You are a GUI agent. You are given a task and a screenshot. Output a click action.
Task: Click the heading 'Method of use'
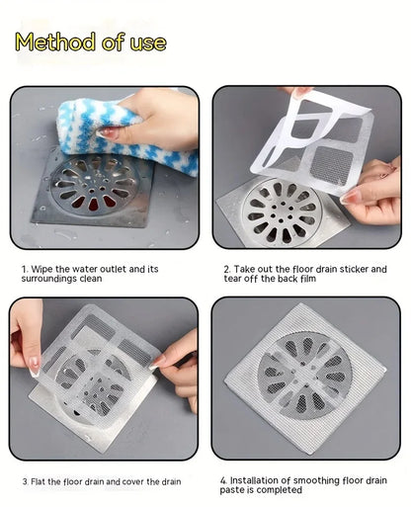point(90,42)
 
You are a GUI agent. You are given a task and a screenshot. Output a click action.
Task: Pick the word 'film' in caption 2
point(308,279)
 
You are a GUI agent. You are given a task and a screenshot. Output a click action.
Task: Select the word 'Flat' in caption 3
point(43,480)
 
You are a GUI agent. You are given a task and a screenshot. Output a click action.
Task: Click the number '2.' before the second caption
point(225,269)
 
